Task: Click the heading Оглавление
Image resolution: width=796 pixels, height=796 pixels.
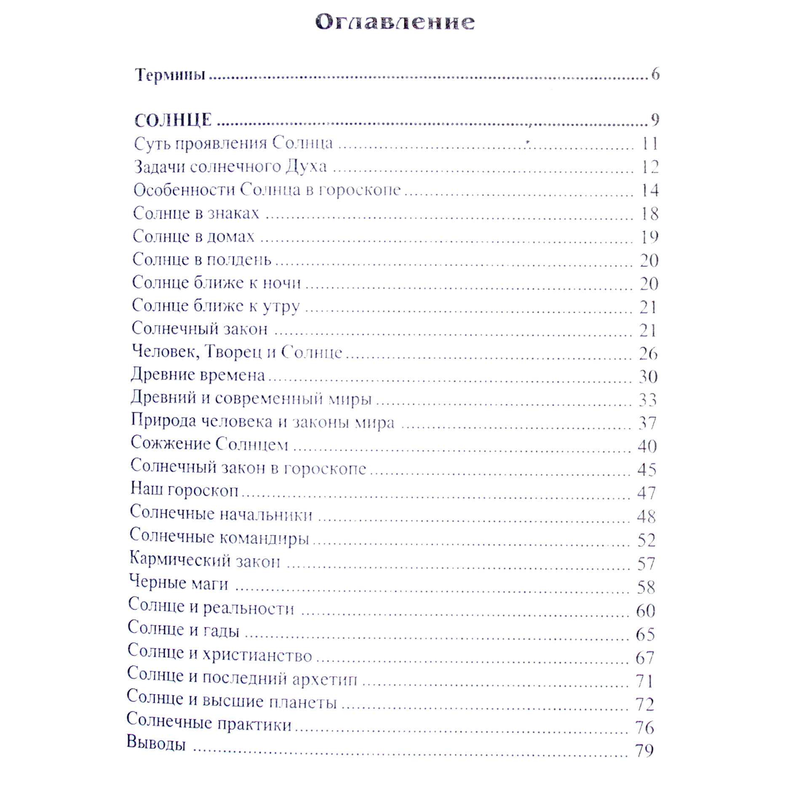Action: pyautogui.click(x=395, y=22)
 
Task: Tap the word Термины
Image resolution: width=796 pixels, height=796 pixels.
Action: pyautogui.click(x=170, y=75)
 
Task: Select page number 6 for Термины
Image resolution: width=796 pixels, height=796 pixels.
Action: pyautogui.click(x=655, y=74)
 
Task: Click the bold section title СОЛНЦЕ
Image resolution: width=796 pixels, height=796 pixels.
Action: pyautogui.click(x=173, y=120)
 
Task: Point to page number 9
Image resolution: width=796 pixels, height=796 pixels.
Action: pyautogui.click(x=654, y=120)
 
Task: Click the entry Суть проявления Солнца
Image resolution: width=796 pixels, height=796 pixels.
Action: pyautogui.click(x=233, y=143)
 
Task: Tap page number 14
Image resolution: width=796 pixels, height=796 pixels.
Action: pyautogui.click(x=649, y=190)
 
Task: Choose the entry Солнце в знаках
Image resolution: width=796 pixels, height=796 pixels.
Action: pyautogui.click(x=196, y=213)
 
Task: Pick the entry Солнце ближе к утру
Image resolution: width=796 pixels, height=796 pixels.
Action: pyautogui.click(x=216, y=306)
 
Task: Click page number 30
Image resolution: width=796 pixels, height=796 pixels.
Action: pyautogui.click(x=648, y=376)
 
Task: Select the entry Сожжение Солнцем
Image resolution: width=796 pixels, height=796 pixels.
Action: pyautogui.click(x=209, y=444)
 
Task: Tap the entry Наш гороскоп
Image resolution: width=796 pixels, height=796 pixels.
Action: pyautogui.click(x=184, y=489)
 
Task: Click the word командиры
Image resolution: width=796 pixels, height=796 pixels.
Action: pyautogui.click(x=264, y=538)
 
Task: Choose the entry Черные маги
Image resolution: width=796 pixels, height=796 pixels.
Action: pyautogui.click(x=179, y=583)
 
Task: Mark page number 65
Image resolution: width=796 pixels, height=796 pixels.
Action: pyautogui.click(x=645, y=634)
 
